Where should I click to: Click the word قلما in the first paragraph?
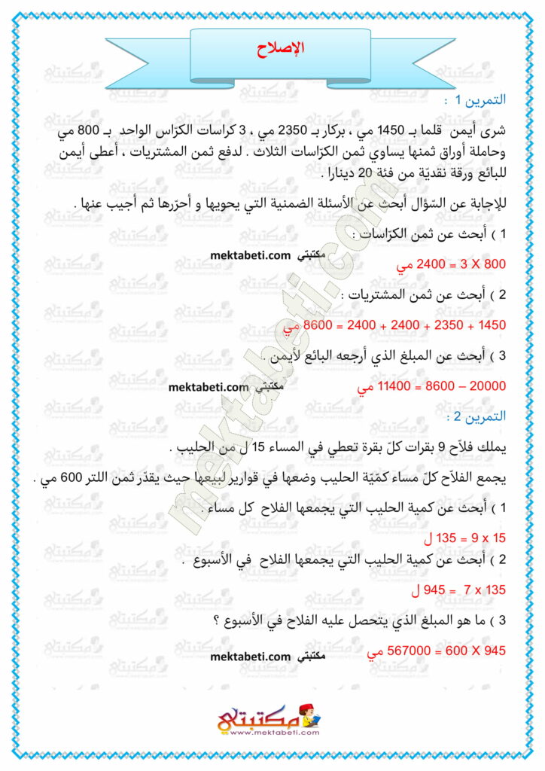(x=438, y=130)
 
